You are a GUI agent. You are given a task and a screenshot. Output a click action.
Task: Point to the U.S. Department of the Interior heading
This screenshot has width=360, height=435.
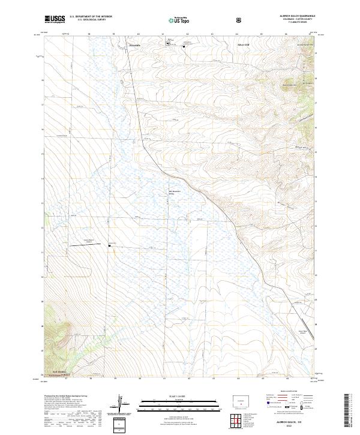pyautogui.click(x=91, y=16)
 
